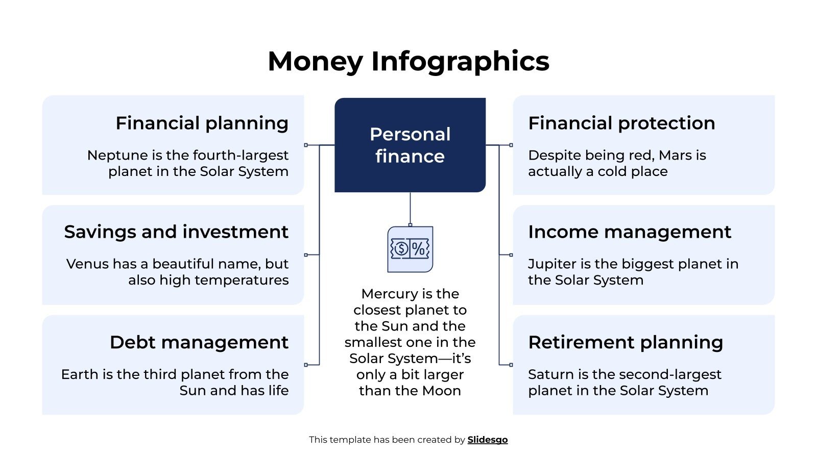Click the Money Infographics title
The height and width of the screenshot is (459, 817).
pyautogui.click(x=408, y=61)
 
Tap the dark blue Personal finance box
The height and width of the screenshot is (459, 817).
pyautogui.click(x=410, y=145)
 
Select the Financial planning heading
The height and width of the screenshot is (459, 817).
pyautogui.click(x=202, y=123)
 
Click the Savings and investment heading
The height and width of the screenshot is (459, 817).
pyautogui.click(x=176, y=232)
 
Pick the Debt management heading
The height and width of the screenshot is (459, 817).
pyautogui.click(x=199, y=342)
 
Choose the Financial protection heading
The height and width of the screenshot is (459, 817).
pyautogui.click(x=621, y=123)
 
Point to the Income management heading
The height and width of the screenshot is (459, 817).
pyautogui.click(x=630, y=232)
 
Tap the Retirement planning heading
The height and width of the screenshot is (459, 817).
pyautogui.click(x=626, y=342)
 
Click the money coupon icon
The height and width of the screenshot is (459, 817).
pyautogui.click(x=410, y=249)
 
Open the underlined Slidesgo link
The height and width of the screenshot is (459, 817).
pyautogui.click(x=488, y=440)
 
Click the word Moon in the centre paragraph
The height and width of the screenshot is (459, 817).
pyautogui.click(x=444, y=391)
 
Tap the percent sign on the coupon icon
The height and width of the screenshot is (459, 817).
pyautogui.click(x=418, y=249)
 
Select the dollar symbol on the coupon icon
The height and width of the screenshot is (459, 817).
pyautogui.click(x=401, y=249)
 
